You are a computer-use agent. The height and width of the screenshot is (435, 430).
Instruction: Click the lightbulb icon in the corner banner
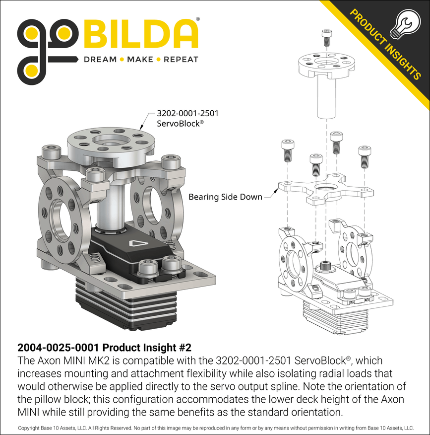(405, 24)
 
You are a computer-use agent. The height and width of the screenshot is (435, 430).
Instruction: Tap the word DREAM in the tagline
(100, 60)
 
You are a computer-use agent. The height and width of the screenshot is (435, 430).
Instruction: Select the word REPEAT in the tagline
(181, 60)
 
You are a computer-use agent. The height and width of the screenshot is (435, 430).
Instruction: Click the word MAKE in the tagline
(140, 60)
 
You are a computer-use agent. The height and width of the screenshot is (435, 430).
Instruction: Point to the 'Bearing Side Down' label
(225, 197)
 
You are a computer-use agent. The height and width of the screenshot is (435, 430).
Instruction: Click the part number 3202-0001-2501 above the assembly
(187, 113)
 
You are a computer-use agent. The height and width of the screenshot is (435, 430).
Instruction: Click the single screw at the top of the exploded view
(327, 38)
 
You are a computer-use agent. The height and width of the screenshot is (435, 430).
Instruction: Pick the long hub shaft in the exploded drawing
(326, 97)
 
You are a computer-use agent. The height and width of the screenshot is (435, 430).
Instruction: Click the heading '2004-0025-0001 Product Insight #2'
(104, 347)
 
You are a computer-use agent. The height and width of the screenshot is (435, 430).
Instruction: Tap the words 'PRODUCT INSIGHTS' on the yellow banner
(385, 44)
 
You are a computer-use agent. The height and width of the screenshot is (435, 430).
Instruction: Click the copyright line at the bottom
(216, 429)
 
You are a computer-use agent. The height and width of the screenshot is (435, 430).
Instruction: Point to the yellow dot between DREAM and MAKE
(122, 60)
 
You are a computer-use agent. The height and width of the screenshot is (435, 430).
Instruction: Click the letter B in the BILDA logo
(95, 34)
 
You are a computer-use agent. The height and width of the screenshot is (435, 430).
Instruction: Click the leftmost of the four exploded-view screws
(288, 151)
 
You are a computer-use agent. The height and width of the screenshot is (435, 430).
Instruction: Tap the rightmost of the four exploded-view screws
(365, 157)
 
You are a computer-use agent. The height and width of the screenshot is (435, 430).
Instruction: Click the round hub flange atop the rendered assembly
(111, 145)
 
